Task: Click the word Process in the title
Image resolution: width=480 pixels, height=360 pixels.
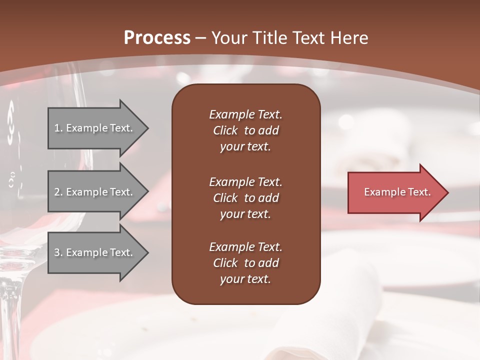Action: click(x=157, y=37)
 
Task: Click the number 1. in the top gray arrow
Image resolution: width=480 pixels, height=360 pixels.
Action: click(x=58, y=128)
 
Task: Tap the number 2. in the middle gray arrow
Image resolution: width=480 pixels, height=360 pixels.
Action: click(x=58, y=192)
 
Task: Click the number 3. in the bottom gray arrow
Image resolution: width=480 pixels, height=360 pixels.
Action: click(x=58, y=252)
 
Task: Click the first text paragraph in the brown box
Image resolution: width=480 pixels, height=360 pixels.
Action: click(x=245, y=130)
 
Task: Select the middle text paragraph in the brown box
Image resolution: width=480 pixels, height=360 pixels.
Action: click(x=245, y=197)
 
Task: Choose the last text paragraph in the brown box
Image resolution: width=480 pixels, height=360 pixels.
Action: click(x=245, y=263)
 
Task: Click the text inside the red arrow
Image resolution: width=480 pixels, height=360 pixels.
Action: click(x=397, y=192)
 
